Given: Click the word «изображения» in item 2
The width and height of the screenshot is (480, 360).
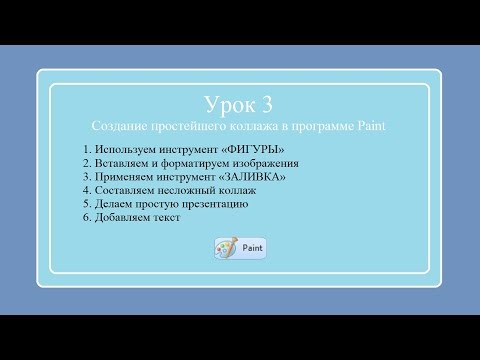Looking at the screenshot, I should coord(265,162).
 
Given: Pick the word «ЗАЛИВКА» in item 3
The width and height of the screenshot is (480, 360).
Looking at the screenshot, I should coord(250,176).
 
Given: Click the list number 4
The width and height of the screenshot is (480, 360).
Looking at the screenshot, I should coord(87,189).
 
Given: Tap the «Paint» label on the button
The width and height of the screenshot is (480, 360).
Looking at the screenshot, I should coord(251,248).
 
